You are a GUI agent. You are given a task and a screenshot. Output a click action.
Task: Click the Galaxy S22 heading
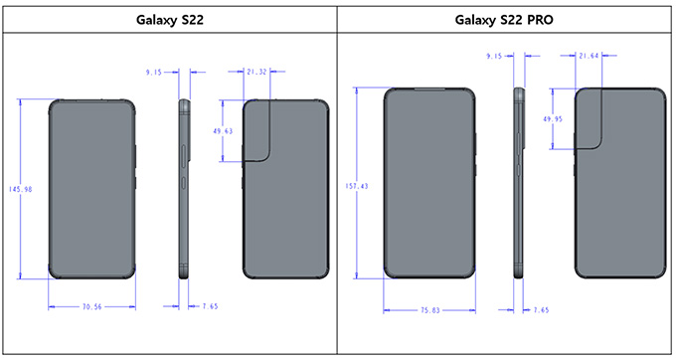(168, 19)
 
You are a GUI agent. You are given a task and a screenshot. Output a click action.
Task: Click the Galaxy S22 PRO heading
(505, 19)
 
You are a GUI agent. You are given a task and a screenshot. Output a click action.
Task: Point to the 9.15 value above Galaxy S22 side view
(155, 72)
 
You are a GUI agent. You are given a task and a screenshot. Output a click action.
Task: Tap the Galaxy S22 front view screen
(89, 189)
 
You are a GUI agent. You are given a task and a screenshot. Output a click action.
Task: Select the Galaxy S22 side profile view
(185, 189)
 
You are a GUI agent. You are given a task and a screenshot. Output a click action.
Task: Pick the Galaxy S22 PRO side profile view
(518, 185)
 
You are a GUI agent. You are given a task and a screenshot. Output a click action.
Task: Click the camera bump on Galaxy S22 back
(263, 129)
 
